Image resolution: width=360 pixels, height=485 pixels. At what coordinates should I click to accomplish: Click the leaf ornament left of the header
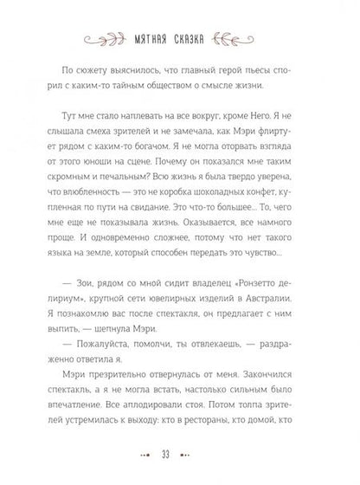pyautogui.click(x=96, y=37)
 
